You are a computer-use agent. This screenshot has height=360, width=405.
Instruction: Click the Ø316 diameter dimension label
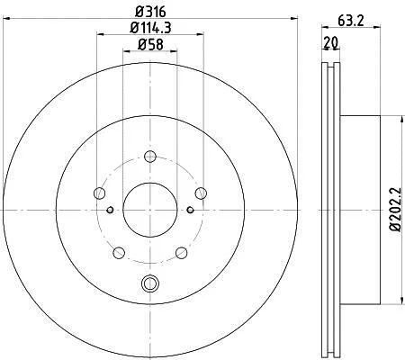pos(150,12)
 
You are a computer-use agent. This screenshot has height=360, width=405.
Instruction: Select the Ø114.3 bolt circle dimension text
pos(150,28)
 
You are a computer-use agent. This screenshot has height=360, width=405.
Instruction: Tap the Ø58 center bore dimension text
pos(150,45)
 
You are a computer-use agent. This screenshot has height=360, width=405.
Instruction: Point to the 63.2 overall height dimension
pos(351,21)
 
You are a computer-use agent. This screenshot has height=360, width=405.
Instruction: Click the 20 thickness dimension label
pos(331,43)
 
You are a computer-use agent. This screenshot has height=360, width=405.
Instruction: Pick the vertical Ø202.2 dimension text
pos(395,210)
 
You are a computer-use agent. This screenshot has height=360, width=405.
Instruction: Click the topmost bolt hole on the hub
pos(150,157)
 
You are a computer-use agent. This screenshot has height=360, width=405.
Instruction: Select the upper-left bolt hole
pos(99,193)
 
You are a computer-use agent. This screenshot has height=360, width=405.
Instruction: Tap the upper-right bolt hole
pos(201,193)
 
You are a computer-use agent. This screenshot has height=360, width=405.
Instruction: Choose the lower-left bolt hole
pos(119,253)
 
